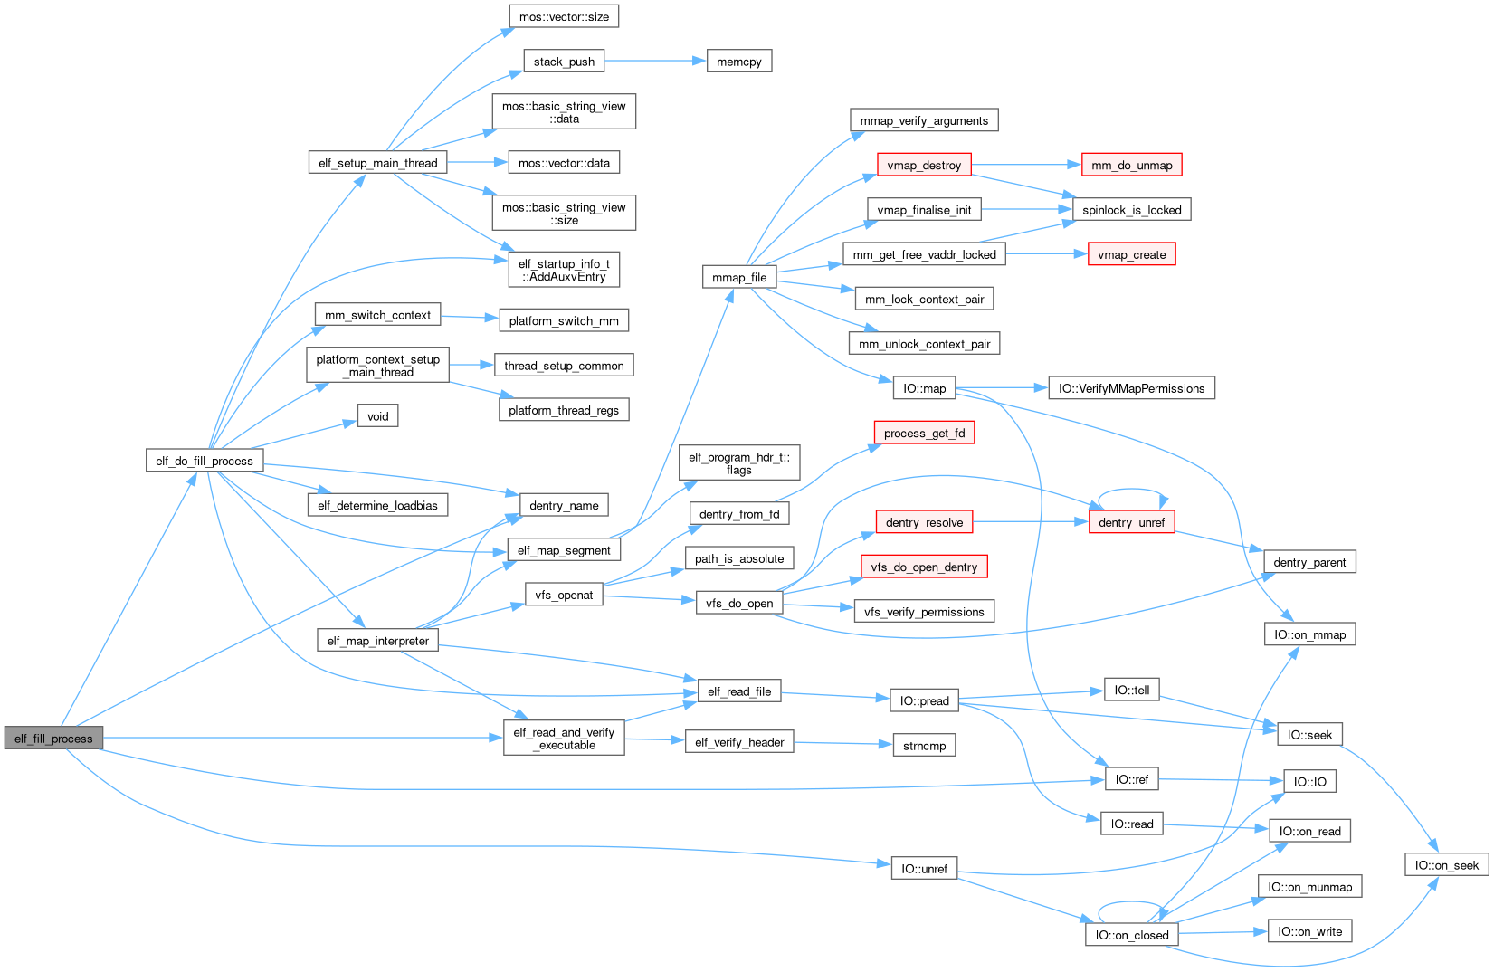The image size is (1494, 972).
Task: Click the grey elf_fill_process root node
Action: [53, 739]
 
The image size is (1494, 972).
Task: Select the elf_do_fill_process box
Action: [205, 461]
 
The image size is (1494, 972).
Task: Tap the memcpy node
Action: [738, 62]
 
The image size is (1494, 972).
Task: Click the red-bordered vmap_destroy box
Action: [924, 165]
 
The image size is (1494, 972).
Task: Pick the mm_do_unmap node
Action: [1131, 165]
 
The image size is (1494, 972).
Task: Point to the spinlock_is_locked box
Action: [1131, 210]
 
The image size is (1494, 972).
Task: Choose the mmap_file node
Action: [739, 277]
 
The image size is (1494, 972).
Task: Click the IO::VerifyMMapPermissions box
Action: [1131, 388]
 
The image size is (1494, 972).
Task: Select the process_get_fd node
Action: [924, 433]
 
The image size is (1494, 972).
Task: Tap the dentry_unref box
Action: [1131, 522]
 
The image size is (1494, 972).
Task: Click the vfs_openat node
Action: [564, 595]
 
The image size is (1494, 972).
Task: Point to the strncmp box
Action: [924, 746]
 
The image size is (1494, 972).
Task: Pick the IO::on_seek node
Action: [1446, 865]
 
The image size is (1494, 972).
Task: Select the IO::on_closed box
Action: [1131, 935]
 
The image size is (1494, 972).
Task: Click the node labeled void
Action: [377, 416]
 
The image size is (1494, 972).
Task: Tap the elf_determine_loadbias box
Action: [377, 505]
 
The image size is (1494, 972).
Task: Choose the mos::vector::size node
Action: [564, 16]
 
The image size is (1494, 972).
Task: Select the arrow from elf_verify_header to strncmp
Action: [842, 743]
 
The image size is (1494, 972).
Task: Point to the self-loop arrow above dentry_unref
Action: [1131, 491]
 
